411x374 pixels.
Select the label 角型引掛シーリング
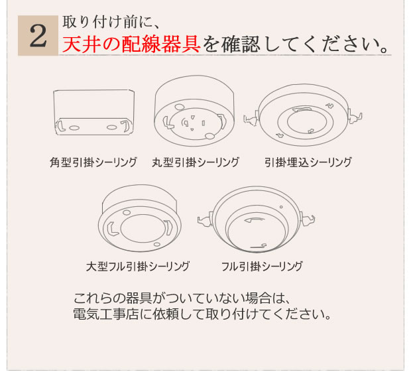[93, 162]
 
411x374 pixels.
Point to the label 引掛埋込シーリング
[308, 162]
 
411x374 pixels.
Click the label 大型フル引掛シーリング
[138, 267]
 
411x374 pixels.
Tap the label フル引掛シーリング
[262, 267]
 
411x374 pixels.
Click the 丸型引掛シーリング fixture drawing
[194, 112]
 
